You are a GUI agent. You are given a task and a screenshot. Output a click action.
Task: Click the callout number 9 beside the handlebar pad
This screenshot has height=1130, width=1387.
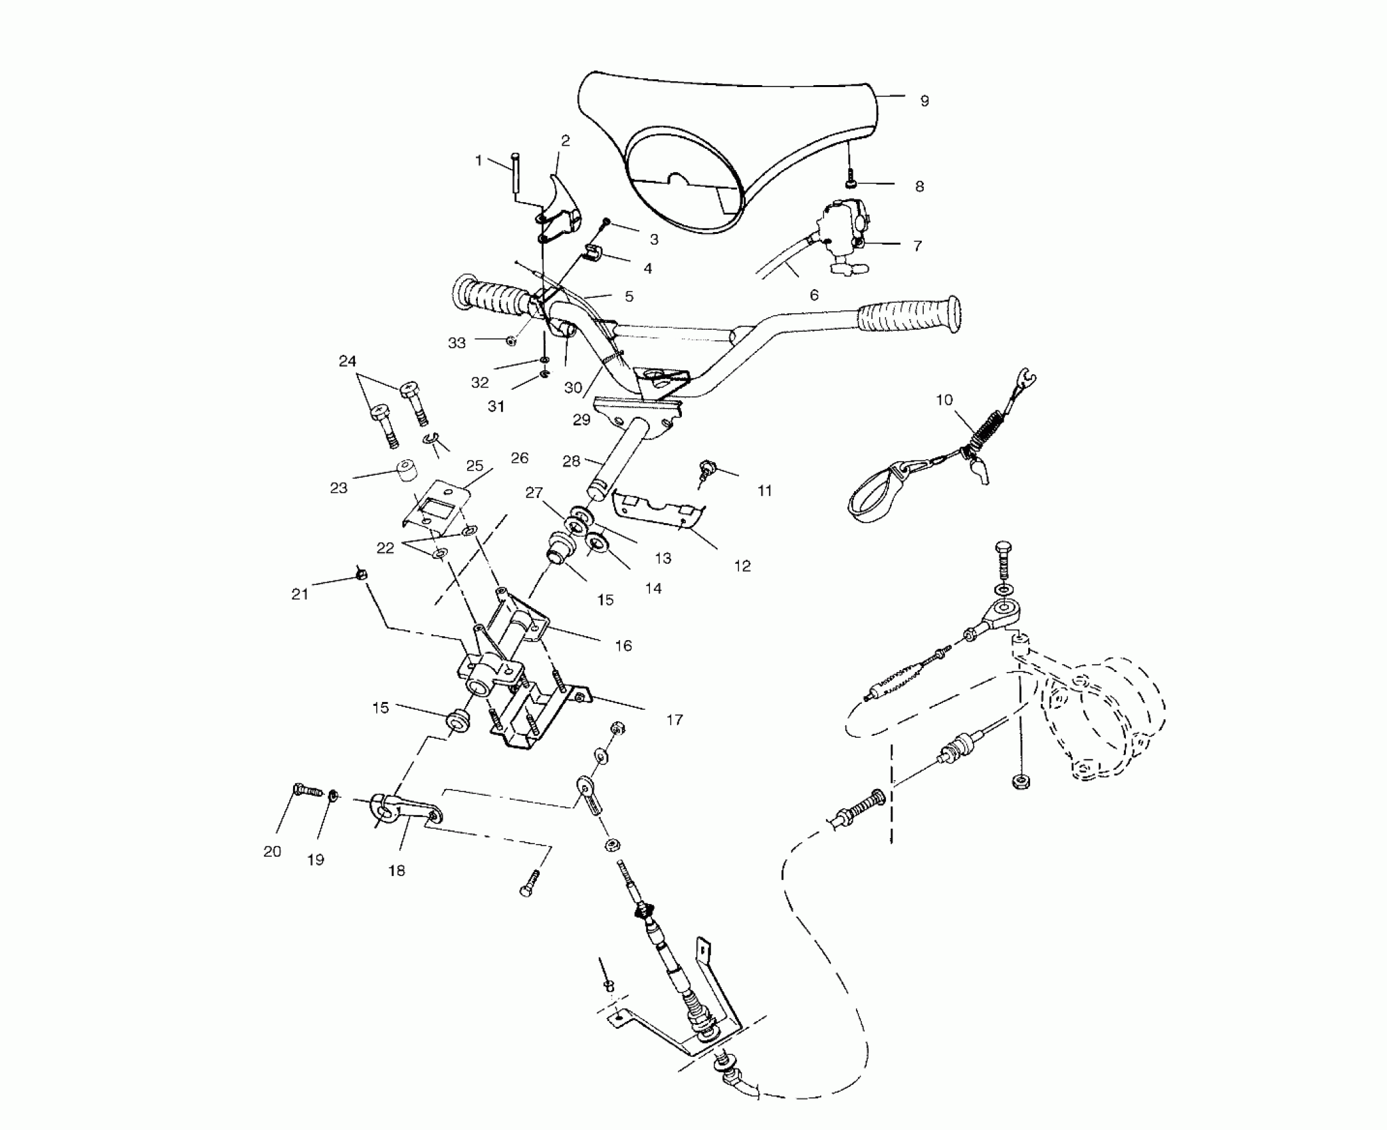click(x=924, y=101)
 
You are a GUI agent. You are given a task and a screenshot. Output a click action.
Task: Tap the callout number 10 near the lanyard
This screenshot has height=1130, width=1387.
click(x=944, y=400)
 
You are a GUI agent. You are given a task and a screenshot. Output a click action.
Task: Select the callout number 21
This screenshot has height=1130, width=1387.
click(x=300, y=594)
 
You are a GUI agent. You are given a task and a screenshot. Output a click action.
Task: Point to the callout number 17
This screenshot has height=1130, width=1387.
click(x=674, y=720)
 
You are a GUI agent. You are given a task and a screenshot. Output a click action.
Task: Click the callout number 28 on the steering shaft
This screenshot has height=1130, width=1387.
click(x=571, y=461)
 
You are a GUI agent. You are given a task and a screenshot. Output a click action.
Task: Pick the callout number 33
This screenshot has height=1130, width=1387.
click(x=457, y=343)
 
